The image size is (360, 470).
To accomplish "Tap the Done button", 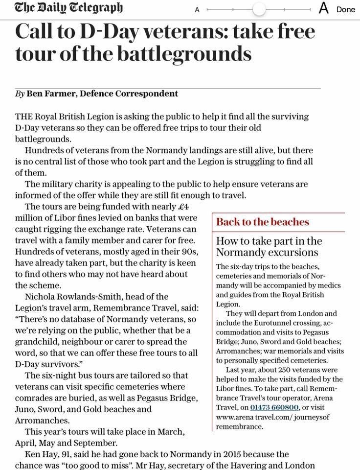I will [345, 9].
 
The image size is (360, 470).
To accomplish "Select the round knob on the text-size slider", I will [259, 9].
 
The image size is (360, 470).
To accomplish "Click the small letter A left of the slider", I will [197, 9].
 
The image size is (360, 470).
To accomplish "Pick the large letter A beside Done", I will [323, 8].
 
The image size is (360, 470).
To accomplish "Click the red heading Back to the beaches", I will [263, 222].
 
